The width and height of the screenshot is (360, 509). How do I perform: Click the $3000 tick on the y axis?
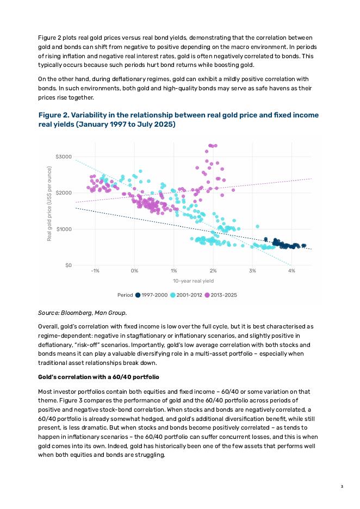point(64,157)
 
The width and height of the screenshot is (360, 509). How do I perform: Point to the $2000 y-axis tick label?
point(64,193)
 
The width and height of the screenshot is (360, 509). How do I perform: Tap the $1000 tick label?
point(64,229)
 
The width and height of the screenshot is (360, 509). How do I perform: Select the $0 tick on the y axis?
point(67,265)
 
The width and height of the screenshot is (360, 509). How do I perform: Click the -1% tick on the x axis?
point(95,270)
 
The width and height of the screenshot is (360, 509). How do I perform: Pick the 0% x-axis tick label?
point(134,270)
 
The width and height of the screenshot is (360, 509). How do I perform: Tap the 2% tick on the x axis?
point(213,270)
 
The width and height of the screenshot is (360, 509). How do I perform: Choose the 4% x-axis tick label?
point(291,270)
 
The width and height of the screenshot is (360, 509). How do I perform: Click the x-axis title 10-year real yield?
point(193,281)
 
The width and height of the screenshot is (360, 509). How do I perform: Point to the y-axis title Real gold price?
point(49,204)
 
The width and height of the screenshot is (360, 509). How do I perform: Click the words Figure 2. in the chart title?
point(53,115)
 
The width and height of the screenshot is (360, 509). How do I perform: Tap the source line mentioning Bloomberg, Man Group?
point(82,313)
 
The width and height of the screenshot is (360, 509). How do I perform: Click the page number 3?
point(342,486)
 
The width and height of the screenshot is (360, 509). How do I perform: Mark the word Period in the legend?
point(125,295)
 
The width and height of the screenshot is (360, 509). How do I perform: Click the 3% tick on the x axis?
point(252,270)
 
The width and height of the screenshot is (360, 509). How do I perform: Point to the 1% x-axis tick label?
point(173,270)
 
